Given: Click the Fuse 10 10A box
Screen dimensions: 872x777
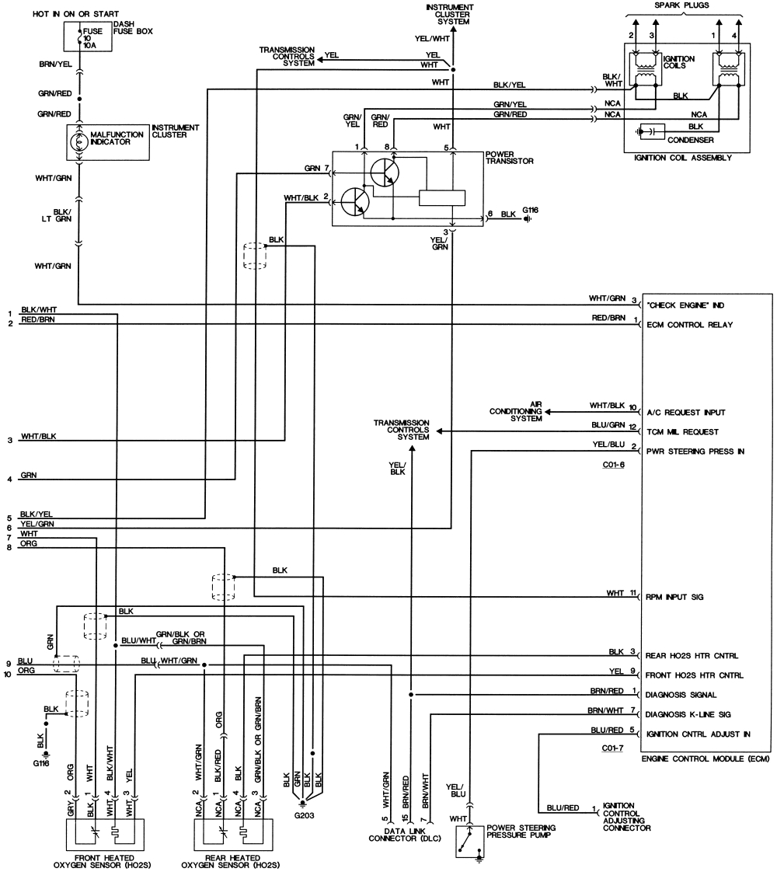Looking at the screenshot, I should [x=88, y=37].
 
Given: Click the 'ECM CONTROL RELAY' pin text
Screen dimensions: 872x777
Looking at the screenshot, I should [x=689, y=325].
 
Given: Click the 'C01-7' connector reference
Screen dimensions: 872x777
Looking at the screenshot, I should [x=613, y=747].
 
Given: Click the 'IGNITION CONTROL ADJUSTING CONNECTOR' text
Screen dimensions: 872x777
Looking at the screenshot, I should [x=626, y=817].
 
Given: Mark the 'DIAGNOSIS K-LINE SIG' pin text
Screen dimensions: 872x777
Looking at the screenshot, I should [x=694, y=713].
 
